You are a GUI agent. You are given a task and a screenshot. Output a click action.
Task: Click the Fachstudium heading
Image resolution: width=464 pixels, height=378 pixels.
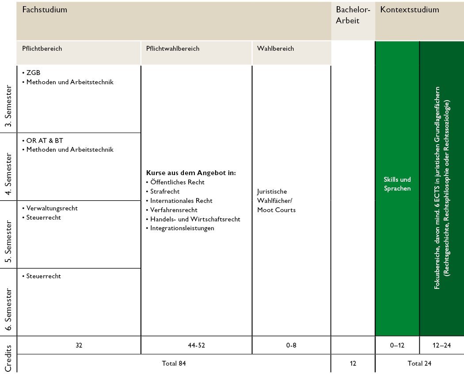click(45, 9)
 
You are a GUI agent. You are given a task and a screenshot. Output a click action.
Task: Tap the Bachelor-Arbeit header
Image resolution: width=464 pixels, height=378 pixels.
click(353, 15)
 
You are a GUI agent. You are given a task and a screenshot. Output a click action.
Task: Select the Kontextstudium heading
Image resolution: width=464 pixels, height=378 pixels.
click(410, 9)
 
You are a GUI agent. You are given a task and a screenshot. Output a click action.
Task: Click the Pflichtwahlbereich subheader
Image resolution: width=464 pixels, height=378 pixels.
click(172, 49)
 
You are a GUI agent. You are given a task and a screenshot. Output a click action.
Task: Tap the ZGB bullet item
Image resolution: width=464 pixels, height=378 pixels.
click(33, 73)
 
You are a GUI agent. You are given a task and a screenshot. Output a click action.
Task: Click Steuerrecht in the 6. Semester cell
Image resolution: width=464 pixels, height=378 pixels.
click(43, 276)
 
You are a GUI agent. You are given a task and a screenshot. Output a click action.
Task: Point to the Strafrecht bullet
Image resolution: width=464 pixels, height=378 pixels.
click(165, 191)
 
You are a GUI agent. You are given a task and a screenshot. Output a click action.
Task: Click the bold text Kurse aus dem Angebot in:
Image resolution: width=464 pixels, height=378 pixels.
click(190, 172)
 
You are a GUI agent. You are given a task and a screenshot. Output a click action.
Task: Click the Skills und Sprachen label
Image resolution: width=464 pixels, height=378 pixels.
click(397, 184)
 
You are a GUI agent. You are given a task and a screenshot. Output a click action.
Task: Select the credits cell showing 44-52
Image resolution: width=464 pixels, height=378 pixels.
click(196, 345)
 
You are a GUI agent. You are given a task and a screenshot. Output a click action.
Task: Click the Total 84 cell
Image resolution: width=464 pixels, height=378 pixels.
click(174, 363)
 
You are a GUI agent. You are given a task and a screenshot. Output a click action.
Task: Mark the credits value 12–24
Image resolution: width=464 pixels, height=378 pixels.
click(441, 345)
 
